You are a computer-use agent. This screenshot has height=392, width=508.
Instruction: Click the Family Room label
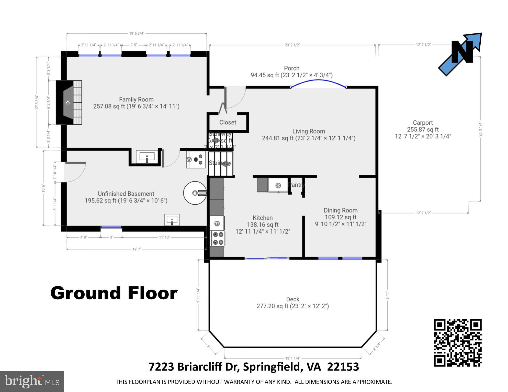[x=136, y=100]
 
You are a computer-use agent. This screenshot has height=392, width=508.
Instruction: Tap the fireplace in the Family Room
[x=69, y=102]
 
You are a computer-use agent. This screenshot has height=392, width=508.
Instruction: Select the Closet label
[x=228, y=122]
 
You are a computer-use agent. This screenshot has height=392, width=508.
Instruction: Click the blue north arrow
[x=460, y=54]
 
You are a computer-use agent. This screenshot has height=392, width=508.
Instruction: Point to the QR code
[x=458, y=343]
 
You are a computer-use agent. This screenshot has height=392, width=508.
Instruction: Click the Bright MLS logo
[x=32, y=382]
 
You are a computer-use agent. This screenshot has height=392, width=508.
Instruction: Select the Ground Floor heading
[x=114, y=293]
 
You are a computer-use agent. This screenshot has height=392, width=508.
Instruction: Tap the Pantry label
[x=296, y=185]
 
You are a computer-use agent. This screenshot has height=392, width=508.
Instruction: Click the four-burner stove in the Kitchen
[x=218, y=238]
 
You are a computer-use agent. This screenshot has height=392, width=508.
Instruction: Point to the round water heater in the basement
[x=195, y=193]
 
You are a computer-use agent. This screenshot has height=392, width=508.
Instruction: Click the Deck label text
[x=293, y=299]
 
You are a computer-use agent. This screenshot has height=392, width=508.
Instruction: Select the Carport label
[x=423, y=123]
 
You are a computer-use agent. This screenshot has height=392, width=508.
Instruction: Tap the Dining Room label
[x=341, y=210]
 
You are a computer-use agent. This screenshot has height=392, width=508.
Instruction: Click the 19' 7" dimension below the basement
[x=137, y=249]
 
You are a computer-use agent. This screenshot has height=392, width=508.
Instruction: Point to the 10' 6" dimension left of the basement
[x=43, y=188]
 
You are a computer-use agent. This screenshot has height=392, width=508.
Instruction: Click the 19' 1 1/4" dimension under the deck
[x=293, y=358]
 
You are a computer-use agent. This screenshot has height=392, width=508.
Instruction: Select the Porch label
[x=291, y=68]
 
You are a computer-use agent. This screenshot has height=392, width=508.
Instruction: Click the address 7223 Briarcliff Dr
[x=254, y=367]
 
